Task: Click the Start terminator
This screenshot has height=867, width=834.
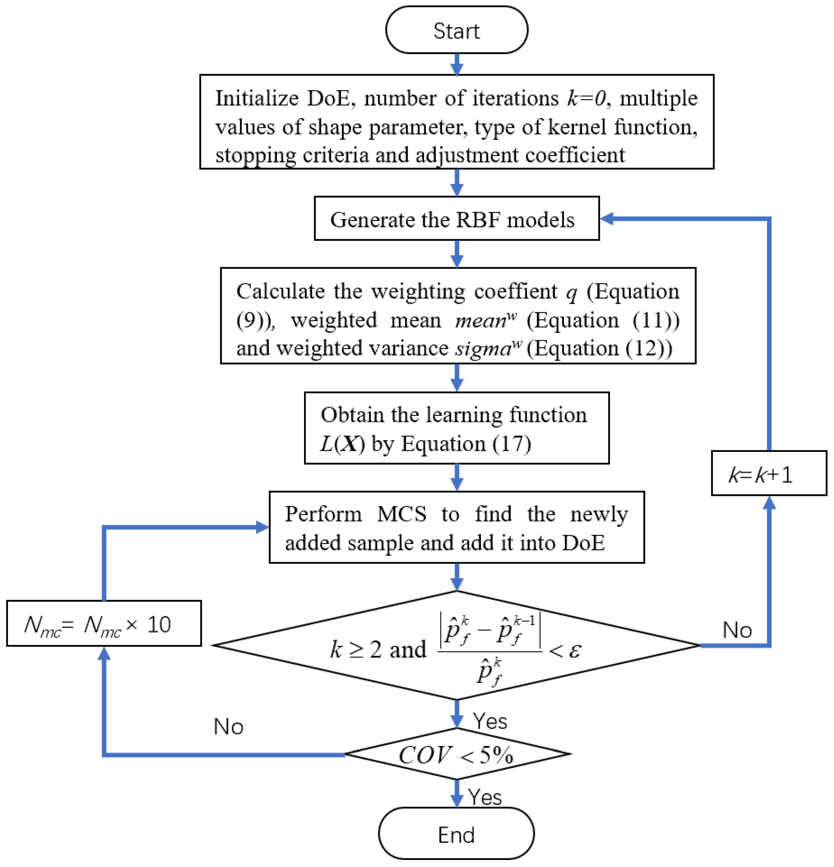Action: tap(456, 30)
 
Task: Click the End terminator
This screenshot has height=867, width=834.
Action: tap(456, 835)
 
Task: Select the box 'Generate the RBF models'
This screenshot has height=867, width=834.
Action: tap(456, 219)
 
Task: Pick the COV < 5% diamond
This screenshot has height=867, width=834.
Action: tap(456, 754)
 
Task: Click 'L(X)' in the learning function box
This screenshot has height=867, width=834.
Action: tap(342, 444)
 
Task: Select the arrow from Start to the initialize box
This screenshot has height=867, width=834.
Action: tap(456, 64)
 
